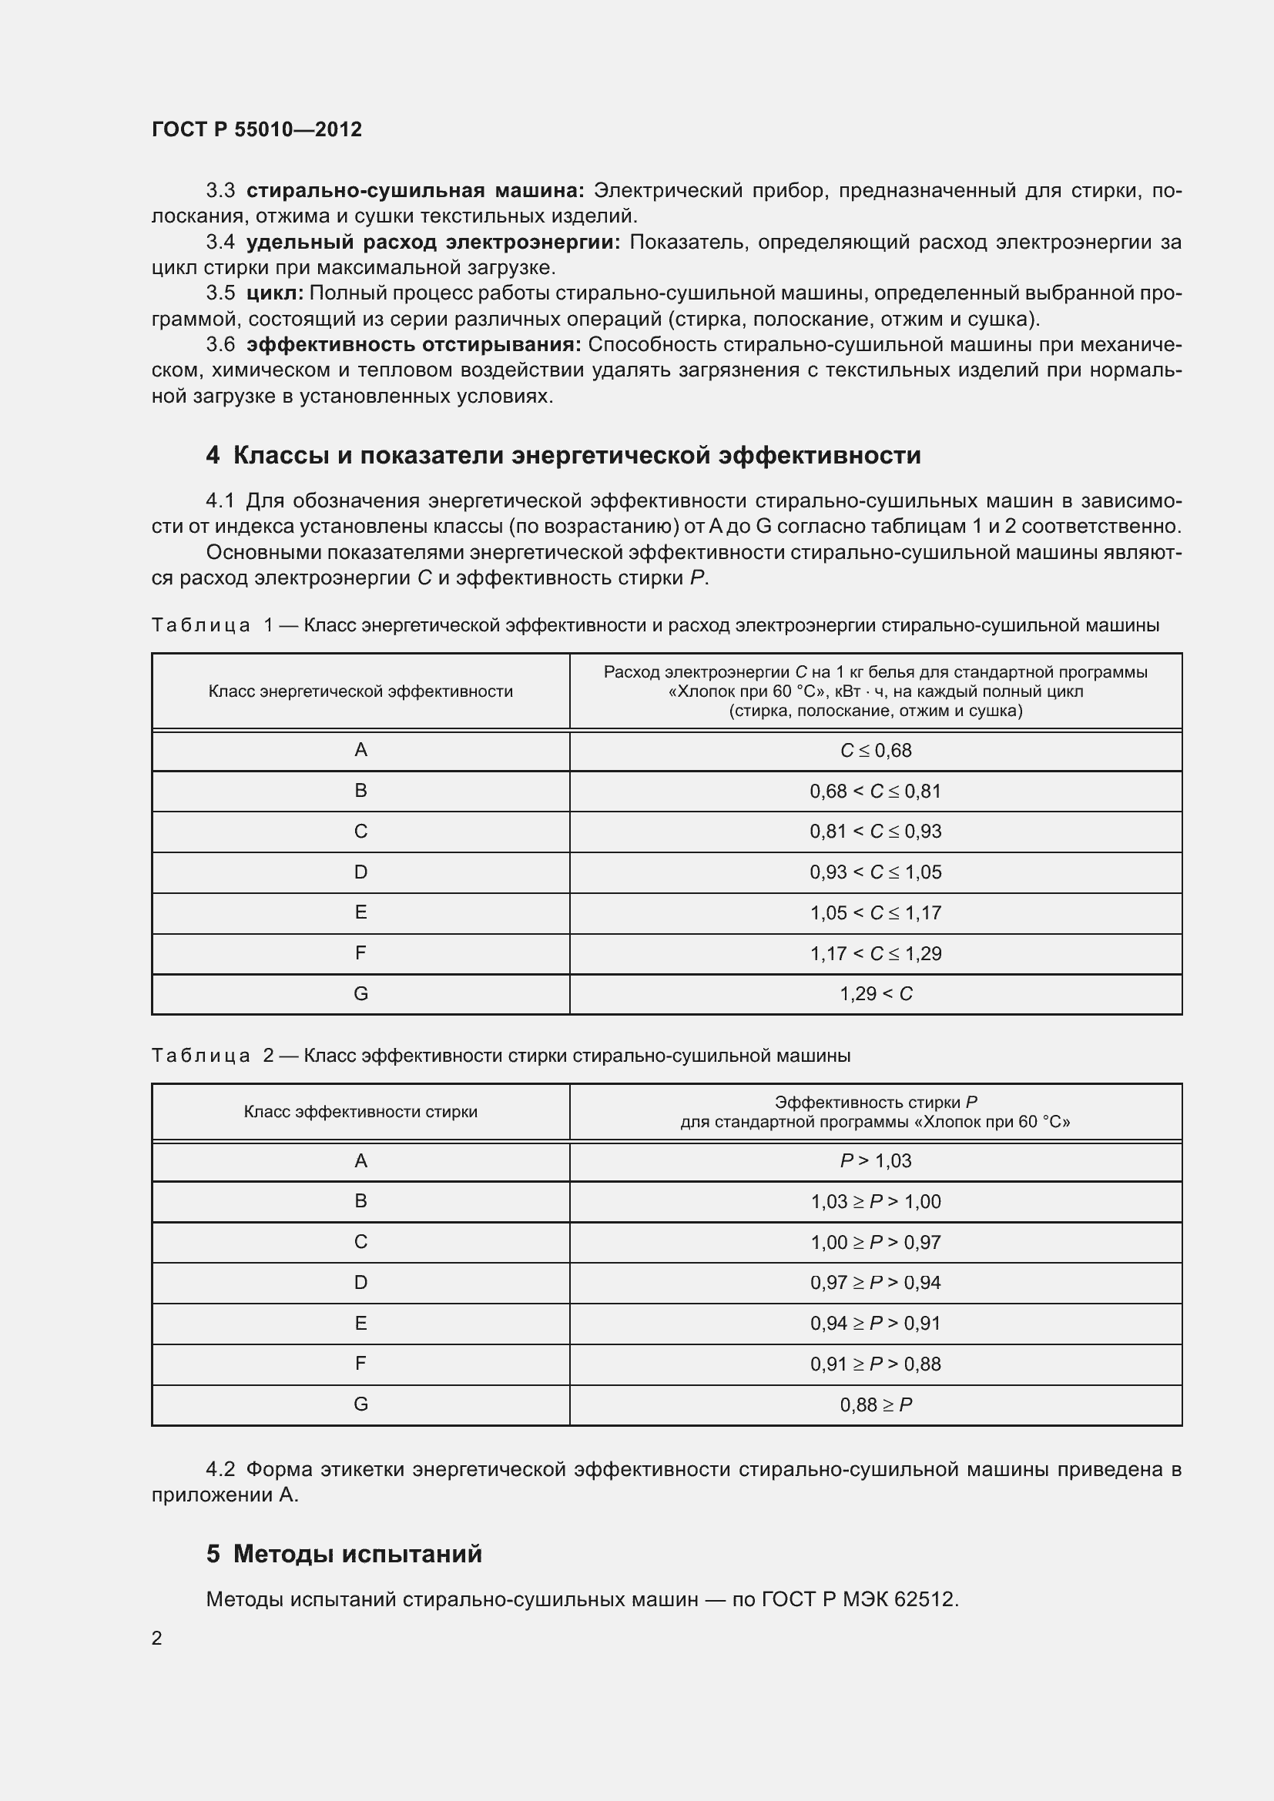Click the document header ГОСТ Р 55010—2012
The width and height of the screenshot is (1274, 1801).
[x=256, y=129]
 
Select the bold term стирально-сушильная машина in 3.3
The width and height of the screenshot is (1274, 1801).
[x=414, y=191]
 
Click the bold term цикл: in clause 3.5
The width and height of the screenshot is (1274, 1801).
[x=274, y=293]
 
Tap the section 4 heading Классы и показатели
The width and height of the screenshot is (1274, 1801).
[x=563, y=456]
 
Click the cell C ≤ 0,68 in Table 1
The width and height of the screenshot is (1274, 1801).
[x=876, y=751]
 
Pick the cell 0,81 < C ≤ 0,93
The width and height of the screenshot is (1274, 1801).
[x=876, y=832]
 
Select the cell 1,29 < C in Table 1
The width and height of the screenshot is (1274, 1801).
[x=876, y=994]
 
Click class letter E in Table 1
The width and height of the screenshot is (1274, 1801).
[x=360, y=912]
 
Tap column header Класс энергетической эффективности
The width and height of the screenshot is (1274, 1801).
[x=360, y=691]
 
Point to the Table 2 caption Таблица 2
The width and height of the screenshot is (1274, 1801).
[x=212, y=1056]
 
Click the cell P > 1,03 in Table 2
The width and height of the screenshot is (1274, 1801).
[x=876, y=1161]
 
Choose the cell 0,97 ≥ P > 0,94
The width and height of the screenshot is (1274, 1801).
[x=876, y=1283]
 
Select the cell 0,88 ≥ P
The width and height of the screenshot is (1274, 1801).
[x=876, y=1405]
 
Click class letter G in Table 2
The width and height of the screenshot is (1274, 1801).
[x=360, y=1404]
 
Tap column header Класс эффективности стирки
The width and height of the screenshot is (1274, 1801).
[x=360, y=1112]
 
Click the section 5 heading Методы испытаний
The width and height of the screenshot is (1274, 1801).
[x=344, y=1554]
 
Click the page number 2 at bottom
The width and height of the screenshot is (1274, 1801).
[x=157, y=1638]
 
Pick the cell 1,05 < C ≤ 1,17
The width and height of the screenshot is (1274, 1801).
[x=876, y=913]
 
